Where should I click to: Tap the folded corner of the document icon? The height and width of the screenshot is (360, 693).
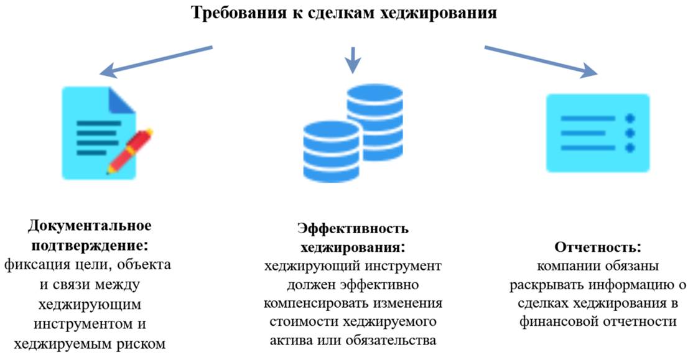coord(123,100)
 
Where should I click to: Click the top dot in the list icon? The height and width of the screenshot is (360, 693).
coord(630,118)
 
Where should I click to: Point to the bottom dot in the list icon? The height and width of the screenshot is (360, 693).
coord(630,147)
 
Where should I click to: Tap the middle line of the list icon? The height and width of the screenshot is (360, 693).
coord(588,132)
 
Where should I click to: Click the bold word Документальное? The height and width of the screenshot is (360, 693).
coord(90,224)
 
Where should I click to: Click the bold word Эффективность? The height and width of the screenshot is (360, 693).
coord(352,228)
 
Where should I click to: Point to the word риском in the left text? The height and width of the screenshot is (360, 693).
coord(144,344)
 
